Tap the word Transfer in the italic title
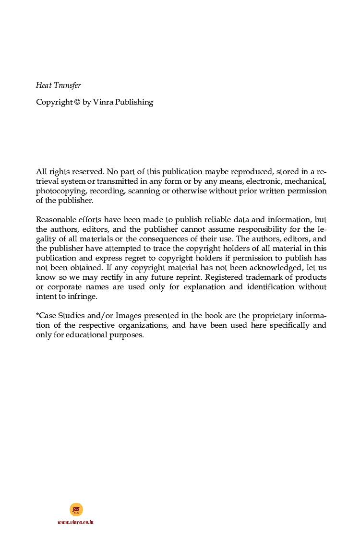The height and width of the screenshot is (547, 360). click(68, 85)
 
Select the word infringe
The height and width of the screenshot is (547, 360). click(83, 297)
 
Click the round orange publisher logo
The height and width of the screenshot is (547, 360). click(76, 509)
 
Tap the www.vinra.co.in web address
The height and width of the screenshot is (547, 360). click(75, 522)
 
